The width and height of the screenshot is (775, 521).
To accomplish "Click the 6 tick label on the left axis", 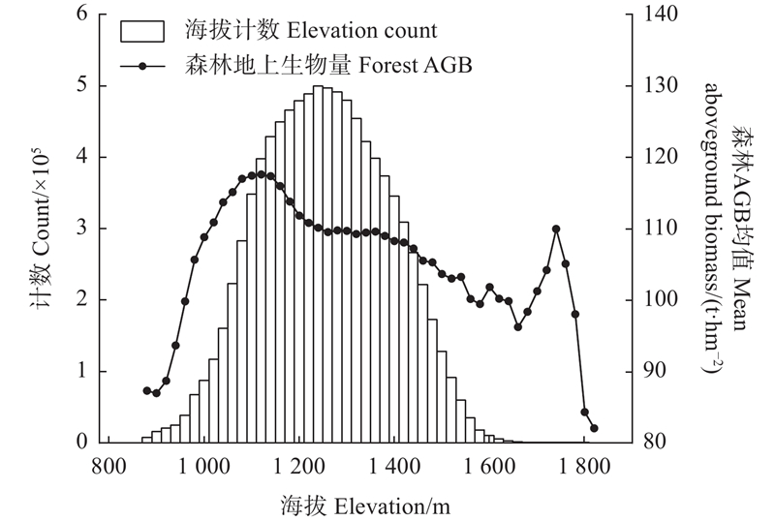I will (81, 15).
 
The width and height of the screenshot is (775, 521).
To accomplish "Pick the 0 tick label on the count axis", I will (81, 442).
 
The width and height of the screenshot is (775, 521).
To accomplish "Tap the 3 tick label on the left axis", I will (81, 229).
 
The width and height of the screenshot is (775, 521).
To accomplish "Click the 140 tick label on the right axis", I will (656, 15).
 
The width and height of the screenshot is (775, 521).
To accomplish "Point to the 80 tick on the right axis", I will (652, 442).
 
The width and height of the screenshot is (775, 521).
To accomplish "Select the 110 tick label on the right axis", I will (656, 229).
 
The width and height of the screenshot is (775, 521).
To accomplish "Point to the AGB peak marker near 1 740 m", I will (556, 230).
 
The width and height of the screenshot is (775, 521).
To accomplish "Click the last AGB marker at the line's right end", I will (594, 428).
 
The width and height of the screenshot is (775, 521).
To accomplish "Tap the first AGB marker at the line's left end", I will (147, 390).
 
